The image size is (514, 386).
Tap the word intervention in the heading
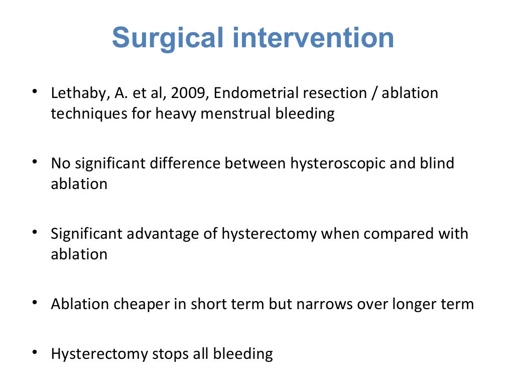pyautogui.click(x=310, y=38)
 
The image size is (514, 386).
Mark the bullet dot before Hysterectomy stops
pyautogui.click(x=35, y=352)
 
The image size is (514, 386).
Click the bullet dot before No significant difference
pyautogui.click(x=35, y=162)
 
